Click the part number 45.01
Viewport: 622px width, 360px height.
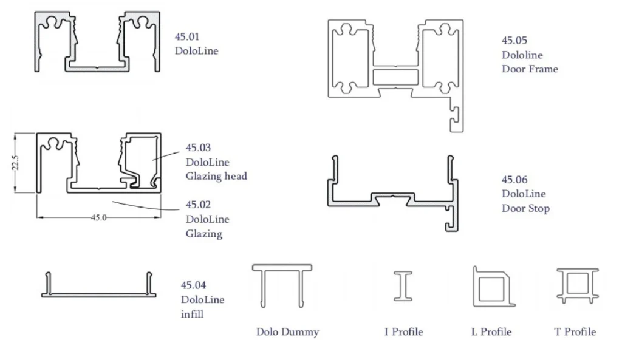(187, 37)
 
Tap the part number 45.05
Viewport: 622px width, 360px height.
(514, 41)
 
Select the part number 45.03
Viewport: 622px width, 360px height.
(198, 148)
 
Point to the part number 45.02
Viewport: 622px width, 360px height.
(198, 205)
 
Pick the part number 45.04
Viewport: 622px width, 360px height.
(193, 285)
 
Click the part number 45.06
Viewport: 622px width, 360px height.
(514, 180)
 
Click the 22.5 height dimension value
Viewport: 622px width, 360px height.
(17, 163)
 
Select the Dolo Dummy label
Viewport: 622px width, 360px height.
(287, 332)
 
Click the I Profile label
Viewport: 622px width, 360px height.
(403, 332)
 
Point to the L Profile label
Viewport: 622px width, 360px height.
(491, 332)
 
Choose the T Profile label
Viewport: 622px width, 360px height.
(575, 332)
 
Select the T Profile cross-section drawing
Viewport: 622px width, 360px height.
(576, 285)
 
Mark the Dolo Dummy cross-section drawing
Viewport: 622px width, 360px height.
(282, 285)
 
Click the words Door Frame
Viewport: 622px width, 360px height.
(530, 69)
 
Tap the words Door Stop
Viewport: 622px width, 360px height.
(525, 209)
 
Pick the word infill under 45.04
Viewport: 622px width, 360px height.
(192, 314)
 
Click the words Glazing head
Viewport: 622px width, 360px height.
(216, 177)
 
